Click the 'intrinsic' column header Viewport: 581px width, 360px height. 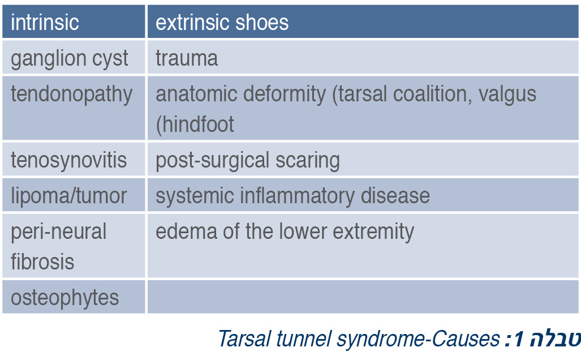click(74, 22)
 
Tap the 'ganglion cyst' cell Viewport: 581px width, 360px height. click(74, 57)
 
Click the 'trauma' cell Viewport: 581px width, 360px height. click(363, 57)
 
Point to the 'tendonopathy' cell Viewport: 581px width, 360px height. click(74, 108)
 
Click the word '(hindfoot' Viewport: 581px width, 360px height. click(195, 124)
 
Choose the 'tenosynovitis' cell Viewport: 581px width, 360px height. click(74, 159)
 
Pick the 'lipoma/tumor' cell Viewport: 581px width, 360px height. click(74, 195)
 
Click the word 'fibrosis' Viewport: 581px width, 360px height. click(42, 262)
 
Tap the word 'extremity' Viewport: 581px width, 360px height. click(373, 232)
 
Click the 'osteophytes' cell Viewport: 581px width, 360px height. click(74, 297)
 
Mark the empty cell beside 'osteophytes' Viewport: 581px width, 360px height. click(363, 297)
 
